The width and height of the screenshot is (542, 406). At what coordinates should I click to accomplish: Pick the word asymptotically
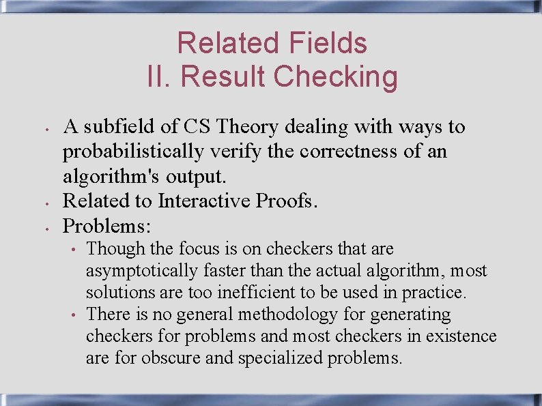coord(141,271)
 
